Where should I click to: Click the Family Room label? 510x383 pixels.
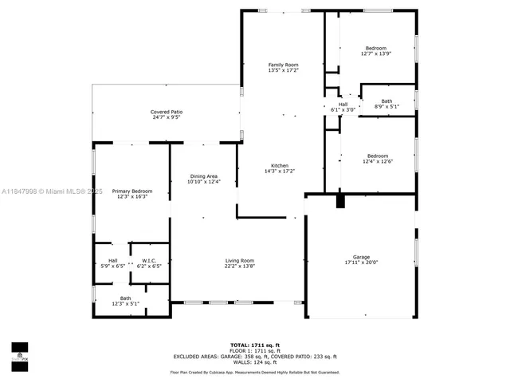[x=283, y=65]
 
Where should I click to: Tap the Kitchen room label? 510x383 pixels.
[x=279, y=165]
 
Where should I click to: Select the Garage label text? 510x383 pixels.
[x=361, y=257]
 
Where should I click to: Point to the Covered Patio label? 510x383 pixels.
[x=167, y=112]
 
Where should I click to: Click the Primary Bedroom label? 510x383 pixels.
[x=131, y=191]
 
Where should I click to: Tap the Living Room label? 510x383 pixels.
[x=239, y=261]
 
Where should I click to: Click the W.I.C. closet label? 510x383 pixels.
[x=149, y=260]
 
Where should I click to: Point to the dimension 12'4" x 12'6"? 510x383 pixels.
[x=377, y=161]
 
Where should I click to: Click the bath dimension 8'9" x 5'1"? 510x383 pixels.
[x=386, y=107]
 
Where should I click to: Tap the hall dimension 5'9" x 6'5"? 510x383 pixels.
[x=112, y=266]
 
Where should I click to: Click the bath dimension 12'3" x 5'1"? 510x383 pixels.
[x=125, y=303]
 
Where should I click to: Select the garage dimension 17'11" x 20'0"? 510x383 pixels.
[x=361, y=263]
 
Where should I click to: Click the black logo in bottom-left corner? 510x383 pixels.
[x=19, y=352]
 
